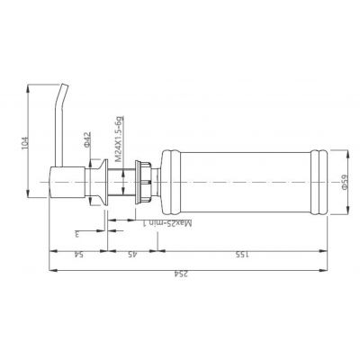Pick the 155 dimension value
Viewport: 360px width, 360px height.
241,255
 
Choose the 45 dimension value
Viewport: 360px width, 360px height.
132,255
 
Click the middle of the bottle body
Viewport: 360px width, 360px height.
238,184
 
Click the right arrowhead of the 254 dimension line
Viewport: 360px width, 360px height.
324,266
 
